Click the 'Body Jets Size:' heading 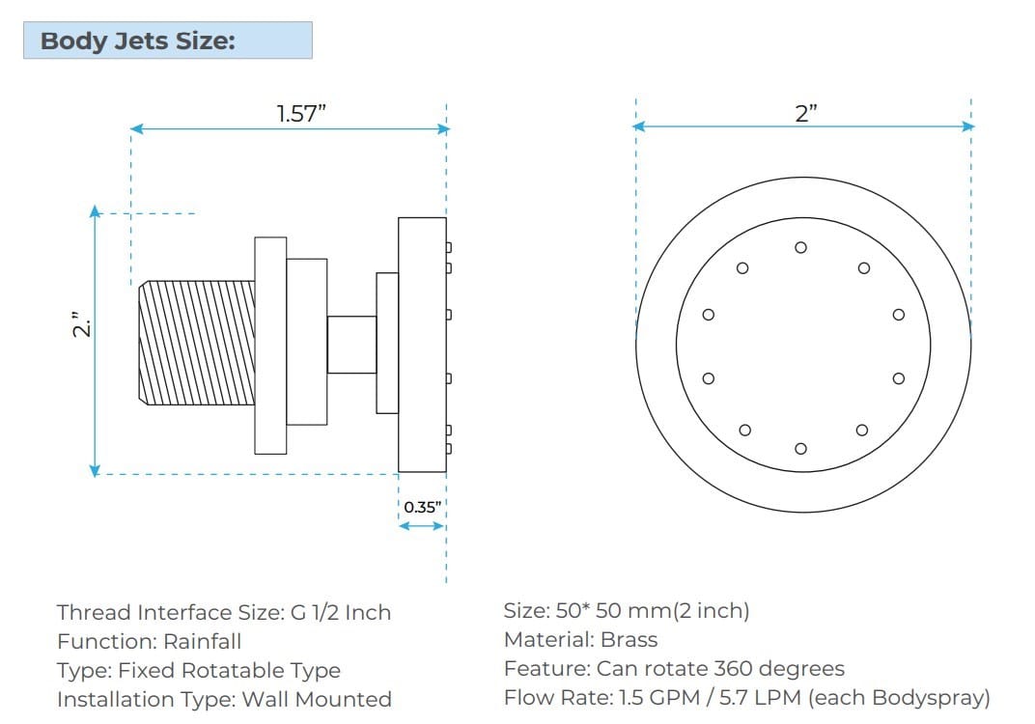point(138,42)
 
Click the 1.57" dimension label point(301,114)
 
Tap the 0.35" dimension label point(422,507)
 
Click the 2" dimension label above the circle point(806,113)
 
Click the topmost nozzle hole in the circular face point(800,247)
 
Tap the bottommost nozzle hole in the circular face point(800,448)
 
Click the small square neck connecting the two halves point(351,344)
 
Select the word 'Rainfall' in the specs point(202,641)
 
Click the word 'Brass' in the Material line point(629,639)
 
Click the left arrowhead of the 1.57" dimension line point(136,128)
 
